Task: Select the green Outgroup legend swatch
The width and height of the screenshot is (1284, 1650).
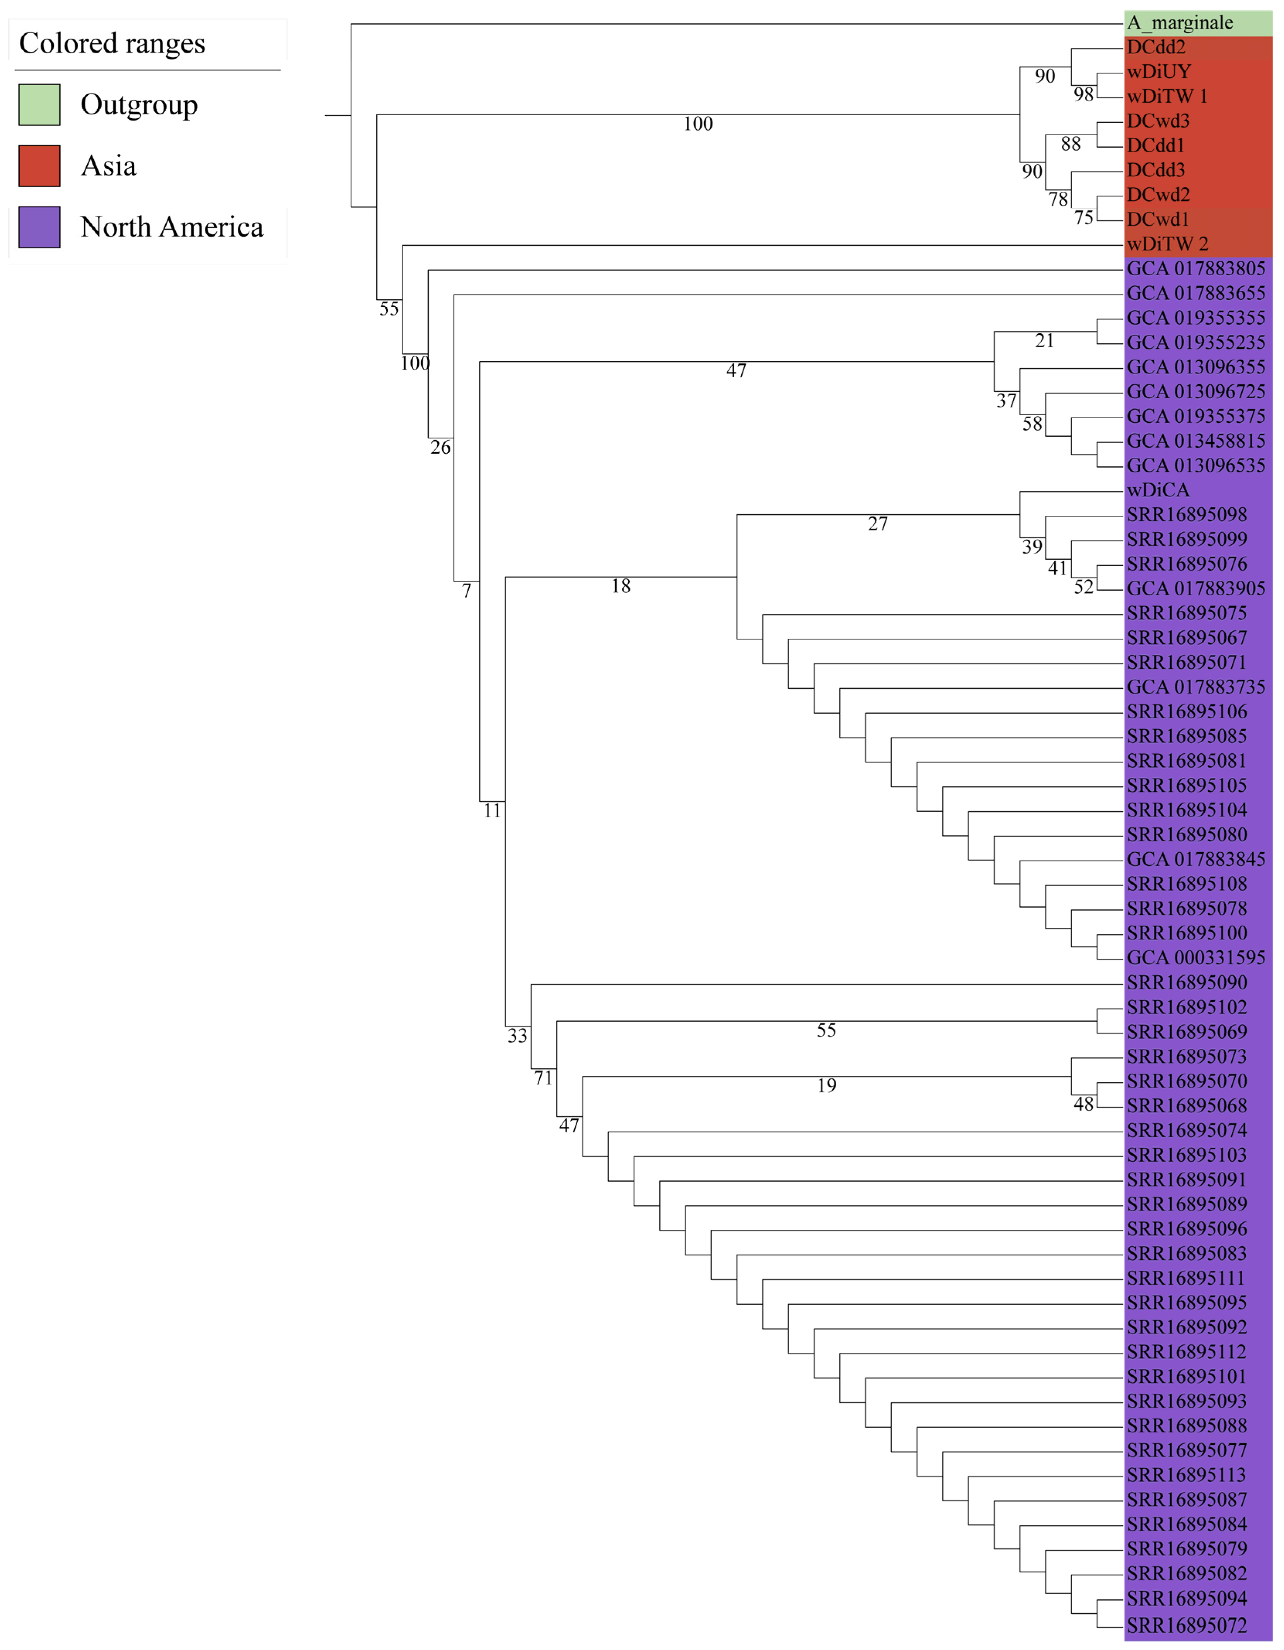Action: click(39, 104)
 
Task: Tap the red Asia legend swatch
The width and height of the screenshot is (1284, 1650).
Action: click(39, 165)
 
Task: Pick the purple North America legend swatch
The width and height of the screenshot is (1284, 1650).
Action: click(39, 227)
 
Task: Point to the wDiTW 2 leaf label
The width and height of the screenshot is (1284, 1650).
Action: click(1167, 244)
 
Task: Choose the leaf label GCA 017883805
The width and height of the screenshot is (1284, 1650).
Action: click(1195, 269)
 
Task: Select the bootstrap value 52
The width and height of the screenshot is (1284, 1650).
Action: click(1083, 587)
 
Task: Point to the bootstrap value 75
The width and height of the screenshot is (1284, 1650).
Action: click(1083, 218)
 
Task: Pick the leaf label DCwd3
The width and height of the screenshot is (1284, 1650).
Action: click(1158, 121)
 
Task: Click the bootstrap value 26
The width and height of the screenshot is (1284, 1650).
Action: click(441, 448)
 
